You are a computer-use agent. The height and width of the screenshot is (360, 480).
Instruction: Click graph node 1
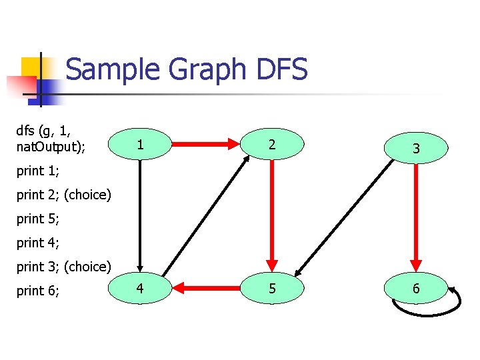[x=139, y=144]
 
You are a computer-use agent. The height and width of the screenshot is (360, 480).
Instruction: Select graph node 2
[x=272, y=144]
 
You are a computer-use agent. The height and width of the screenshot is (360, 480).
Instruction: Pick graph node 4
[x=139, y=289]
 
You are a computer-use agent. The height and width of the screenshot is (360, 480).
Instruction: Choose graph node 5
[x=272, y=289]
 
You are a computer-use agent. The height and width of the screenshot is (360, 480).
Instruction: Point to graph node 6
[x=416, y=289]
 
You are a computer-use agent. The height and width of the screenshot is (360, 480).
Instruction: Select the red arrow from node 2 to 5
[x=272, y=213]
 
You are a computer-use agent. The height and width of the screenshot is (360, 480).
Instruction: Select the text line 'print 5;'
[x=38, y=219]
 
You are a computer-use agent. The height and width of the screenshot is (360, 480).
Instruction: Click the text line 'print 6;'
[x=38, y=291]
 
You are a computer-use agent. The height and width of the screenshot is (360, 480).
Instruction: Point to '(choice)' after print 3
[x=87, y=267]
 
